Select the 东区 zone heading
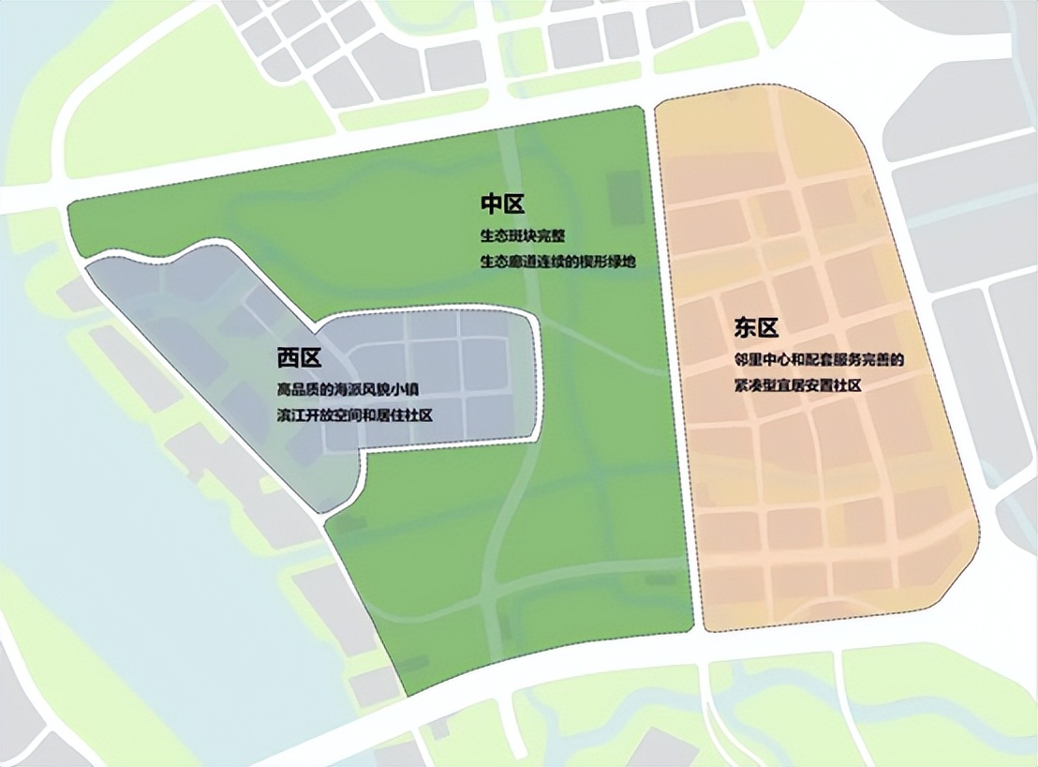point(756,328)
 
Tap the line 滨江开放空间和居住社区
point(355,414)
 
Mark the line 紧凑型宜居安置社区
point(797,386)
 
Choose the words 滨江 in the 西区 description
point(288,414)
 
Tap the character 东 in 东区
point(745,328)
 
